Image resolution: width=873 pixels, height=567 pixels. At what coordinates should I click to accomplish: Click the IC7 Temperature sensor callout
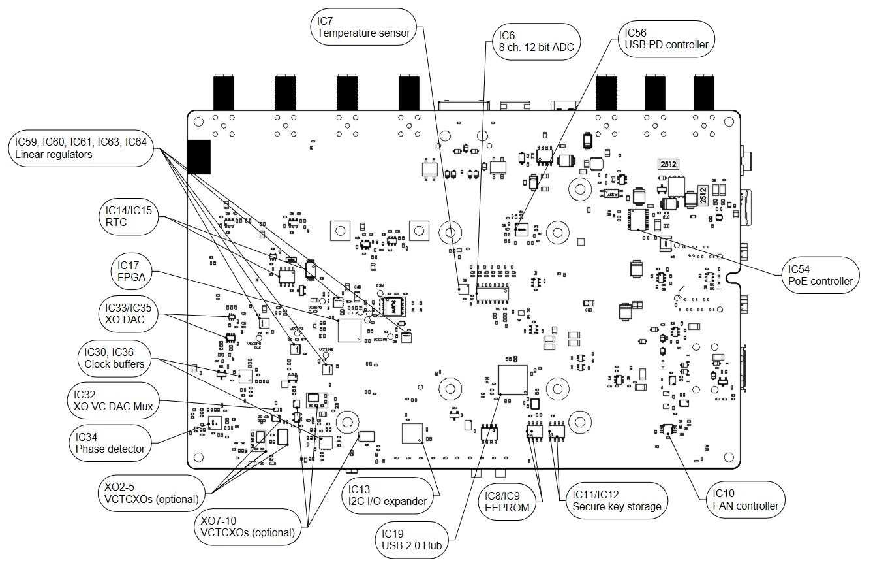[363, 27]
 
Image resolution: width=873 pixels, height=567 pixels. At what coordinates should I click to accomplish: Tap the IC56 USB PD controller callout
[665, 39]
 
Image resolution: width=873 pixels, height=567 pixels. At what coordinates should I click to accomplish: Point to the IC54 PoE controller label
[819, 275]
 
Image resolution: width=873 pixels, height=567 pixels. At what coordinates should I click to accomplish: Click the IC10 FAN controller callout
[744, 500]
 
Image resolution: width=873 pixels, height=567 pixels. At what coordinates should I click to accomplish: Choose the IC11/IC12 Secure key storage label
[616, 500]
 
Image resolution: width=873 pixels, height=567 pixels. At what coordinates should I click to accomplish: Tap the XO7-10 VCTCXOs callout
[247, 526]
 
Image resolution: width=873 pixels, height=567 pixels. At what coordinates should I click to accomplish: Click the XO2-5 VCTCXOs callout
[151, 493]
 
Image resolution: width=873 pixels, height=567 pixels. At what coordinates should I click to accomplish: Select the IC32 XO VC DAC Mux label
[114, 400]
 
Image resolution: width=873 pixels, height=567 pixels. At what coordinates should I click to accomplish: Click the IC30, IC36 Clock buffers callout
[114, 358]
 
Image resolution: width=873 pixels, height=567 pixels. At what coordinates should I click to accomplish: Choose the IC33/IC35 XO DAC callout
[130, 314]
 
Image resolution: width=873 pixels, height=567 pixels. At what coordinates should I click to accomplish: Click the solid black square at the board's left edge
[199, 157]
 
